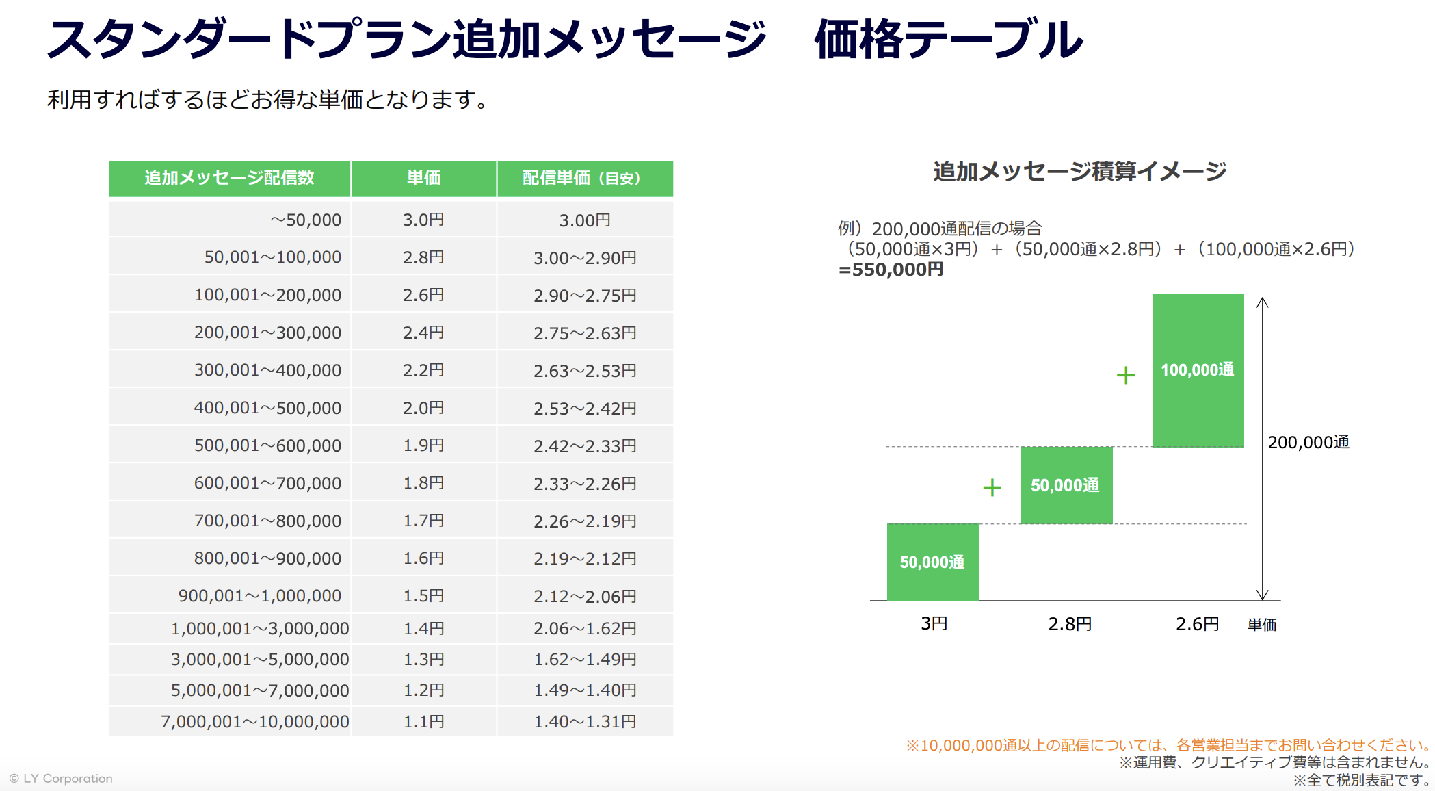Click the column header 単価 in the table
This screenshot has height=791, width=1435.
click(x=423, y=178)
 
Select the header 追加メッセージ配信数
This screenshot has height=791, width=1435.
click(x=229, y=178)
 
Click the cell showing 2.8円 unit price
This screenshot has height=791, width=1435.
click(x=423, y=257)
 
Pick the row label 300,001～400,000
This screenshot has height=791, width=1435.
click(x=267, y=370)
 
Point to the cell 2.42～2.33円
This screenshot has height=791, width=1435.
click(x=585, y=446)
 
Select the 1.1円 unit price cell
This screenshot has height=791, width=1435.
click(x=423, y=721)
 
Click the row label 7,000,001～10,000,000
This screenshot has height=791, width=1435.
click(x=255, y=721)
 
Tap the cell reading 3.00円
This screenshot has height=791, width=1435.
click(x=585, y=220)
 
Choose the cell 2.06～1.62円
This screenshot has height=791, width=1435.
click(x=585, y=628)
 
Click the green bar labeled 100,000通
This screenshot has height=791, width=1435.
click(x=1198, y=370)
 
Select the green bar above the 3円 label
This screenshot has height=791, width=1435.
click(x=932, y=562)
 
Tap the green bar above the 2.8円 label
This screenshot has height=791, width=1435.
click(x=1066, y=485)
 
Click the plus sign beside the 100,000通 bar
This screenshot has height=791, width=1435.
click(x=1125, y=375)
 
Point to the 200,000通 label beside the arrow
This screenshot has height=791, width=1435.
click(x=1308, y=442)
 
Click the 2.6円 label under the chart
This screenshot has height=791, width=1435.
click(x=1197, y=623)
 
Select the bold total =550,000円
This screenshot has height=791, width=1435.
click(x=891, y=270)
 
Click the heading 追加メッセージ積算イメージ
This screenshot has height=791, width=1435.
click(x=1079, y=171)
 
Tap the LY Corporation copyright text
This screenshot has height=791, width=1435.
click(x=62, y=779)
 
